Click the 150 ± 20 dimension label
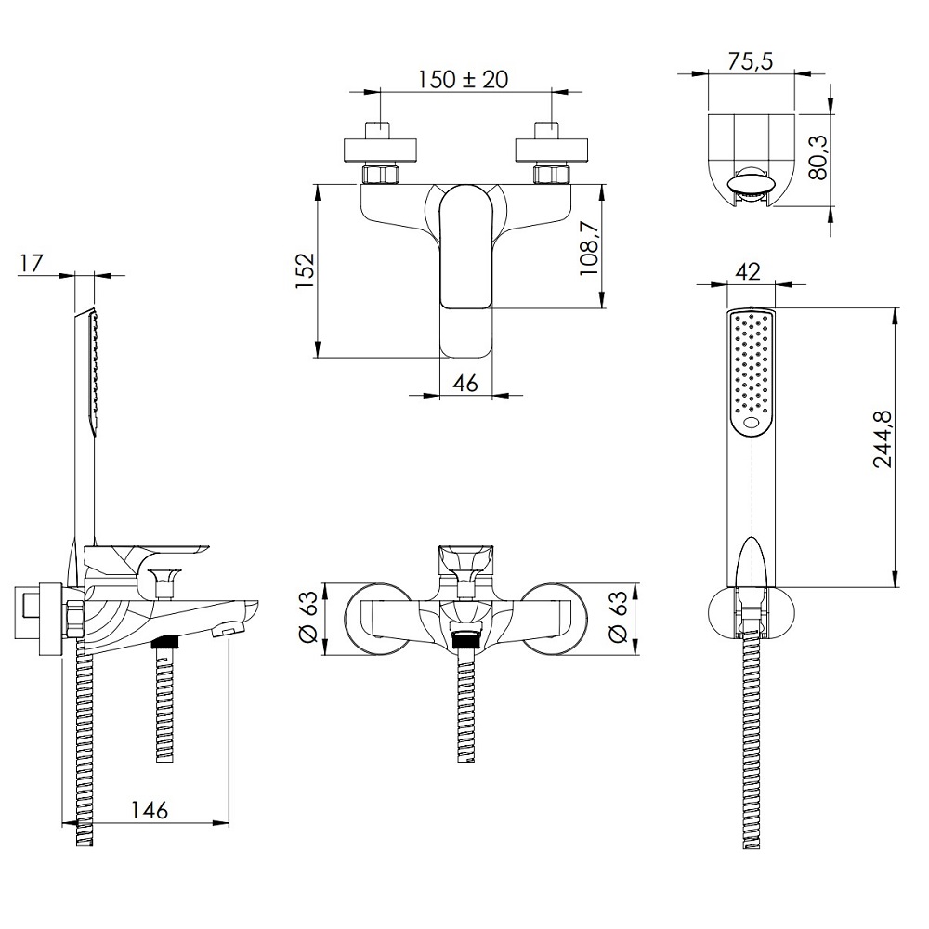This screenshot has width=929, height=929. tap(464, 79)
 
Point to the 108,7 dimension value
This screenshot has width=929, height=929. tap(590, 247)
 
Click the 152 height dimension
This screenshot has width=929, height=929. tap(305, 270)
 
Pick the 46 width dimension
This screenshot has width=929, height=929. tap(465, 384)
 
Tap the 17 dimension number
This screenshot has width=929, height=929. tap(32, 263)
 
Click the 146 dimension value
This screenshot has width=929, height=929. tap(150, 810)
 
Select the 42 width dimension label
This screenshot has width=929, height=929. tap(748, 272)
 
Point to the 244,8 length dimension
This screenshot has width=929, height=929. tap(884, 439)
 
